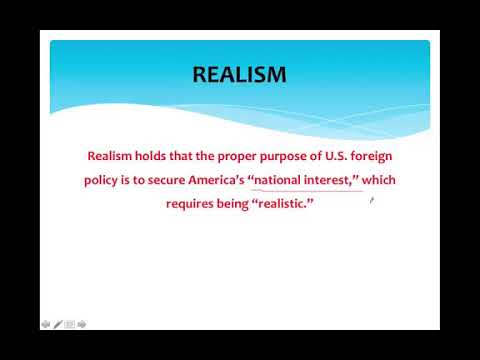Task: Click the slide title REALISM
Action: [239, 75]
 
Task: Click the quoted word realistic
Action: [287, 204]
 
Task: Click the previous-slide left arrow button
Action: [46, 324]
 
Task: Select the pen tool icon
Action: [58, 324]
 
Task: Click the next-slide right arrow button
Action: [82, 324]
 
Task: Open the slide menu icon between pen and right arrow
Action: [70, 324]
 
